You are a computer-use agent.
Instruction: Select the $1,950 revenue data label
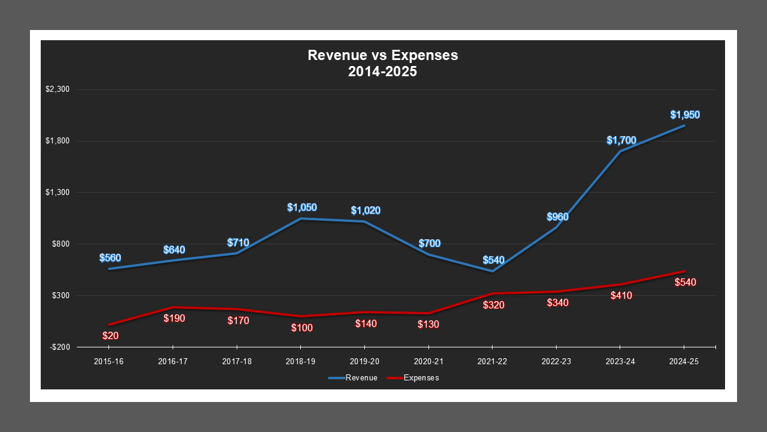tap(685, 115)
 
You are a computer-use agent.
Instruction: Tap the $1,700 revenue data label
tap(621, 140)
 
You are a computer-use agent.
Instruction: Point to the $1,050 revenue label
tap(301, 208)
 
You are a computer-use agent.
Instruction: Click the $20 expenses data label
tap(110, 336)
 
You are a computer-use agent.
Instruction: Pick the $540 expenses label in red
tap(685, 282)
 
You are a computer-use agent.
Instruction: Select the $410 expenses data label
tap(621, 295)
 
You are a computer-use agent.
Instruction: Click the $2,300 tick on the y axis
tap(58, 89)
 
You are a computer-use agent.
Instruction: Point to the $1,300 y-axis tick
tap(58, 193)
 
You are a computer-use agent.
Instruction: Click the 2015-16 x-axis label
tap(110, 362)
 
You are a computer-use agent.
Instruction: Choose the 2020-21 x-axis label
tap(428, 362)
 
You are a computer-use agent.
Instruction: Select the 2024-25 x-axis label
tap(684, 362)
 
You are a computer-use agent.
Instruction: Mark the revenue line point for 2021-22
tap(493, 271)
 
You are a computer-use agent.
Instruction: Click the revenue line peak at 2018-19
tap(301, 218)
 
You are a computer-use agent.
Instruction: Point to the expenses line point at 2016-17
tap(173, 307)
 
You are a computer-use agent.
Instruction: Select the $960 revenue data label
tap(557, 217)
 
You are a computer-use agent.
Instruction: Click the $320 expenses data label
tap(493, 305)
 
